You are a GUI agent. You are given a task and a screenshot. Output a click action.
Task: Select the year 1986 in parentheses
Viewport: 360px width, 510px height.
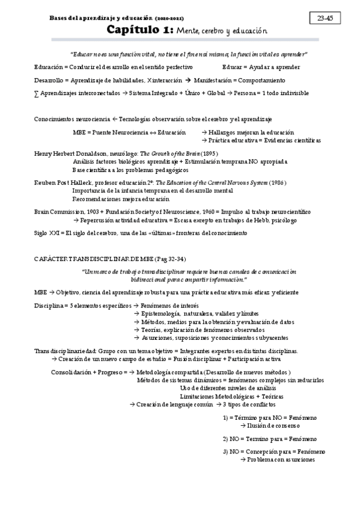click(278, 182)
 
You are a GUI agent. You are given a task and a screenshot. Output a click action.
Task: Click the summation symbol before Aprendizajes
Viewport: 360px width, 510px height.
click(37, 93)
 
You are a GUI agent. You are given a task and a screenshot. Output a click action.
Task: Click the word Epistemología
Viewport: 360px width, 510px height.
click(159, 313)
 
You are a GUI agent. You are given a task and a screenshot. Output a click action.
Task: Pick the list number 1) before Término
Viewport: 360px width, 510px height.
click(225, 417)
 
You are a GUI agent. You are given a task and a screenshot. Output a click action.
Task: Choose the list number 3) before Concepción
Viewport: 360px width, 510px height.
click(225, 452)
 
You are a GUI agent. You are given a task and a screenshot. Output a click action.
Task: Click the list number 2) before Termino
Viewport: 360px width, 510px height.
click(225, 438)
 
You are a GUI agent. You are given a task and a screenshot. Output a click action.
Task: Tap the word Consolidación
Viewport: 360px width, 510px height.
click(71, 372)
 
